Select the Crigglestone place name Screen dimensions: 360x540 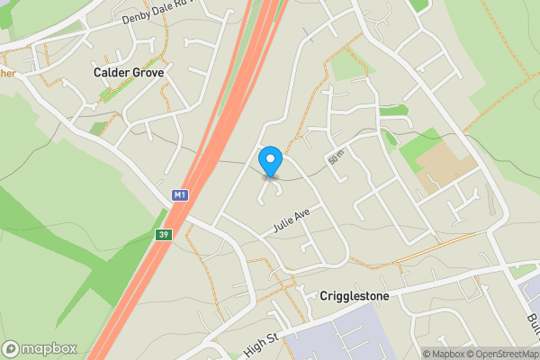point(355,295)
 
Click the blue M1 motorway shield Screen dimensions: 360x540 point(180,195)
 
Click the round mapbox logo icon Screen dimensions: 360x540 point(12,348)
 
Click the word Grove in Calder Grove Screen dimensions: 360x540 point(147,72)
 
